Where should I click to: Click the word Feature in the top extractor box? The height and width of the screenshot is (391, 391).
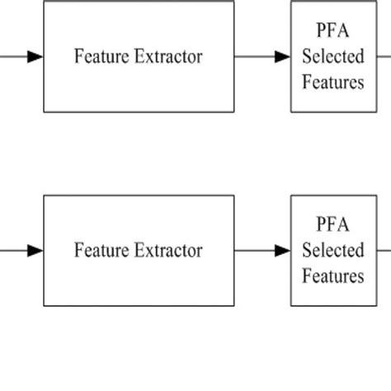(x=98, y=57)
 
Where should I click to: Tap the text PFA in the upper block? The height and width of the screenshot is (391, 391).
(x=332, y=32)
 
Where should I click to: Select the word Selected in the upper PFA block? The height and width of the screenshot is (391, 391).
(x=332, y=57)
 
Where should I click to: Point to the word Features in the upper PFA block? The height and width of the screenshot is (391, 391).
(x=332, y=82)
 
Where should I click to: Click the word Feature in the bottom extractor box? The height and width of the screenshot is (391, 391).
(x=98, y=250)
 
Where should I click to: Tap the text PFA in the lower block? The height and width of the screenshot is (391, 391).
(x=332, y=225)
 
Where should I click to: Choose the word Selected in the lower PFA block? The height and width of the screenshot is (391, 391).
(x=332, y=250)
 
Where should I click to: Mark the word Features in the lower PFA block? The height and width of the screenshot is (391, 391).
(x=332, y=275)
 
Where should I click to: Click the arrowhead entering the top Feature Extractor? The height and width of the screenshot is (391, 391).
(x=35, y=57)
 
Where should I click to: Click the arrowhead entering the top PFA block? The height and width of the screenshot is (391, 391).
(x=283, y=57)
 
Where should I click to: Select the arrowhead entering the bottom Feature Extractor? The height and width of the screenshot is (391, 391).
(x=35, y=251)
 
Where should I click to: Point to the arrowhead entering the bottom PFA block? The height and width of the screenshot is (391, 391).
(x=283, y=251)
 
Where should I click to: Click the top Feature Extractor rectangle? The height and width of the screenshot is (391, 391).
(x=139, y=91)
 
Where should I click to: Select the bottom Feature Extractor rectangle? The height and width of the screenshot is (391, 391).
(x=139, y=285)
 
